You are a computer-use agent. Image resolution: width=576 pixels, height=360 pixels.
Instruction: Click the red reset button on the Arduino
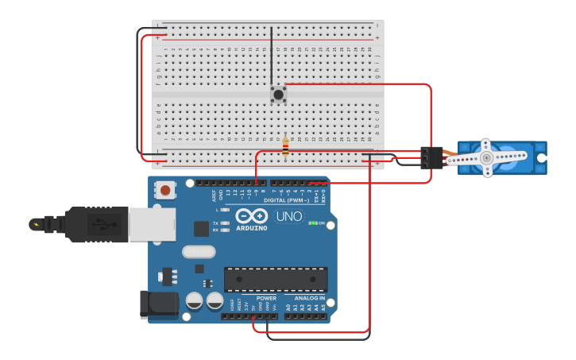(165, 190)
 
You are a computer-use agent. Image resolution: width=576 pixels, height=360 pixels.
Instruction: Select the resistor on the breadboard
(285, 146)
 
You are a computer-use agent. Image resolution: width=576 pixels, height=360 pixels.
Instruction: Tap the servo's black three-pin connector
(431, 157)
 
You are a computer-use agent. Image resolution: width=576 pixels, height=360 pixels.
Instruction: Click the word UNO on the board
(288, 216)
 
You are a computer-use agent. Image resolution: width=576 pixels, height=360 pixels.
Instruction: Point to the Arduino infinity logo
(251, 215)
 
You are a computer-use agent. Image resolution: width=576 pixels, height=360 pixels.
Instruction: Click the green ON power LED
(312, 223)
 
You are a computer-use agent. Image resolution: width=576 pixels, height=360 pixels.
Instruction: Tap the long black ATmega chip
(276, 279)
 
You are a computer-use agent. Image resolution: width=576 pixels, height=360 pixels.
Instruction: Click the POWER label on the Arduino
(266, 298)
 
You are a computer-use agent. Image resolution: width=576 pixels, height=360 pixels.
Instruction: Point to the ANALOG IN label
(310, 298)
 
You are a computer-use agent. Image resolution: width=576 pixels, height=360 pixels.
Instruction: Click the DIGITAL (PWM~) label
(287, 200)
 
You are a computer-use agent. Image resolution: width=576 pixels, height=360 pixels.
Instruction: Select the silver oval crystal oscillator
(199, 252)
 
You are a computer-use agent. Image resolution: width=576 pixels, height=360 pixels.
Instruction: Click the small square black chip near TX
(202, 228)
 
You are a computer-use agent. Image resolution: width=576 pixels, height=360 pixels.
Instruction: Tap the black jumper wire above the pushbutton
(272, 56)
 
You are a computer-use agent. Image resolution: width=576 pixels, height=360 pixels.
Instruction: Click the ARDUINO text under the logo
(252, 228)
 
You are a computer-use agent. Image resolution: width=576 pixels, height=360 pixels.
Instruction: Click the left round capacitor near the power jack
(194, 300)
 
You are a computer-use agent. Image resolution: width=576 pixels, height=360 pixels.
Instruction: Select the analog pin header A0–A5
(305, 315)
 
